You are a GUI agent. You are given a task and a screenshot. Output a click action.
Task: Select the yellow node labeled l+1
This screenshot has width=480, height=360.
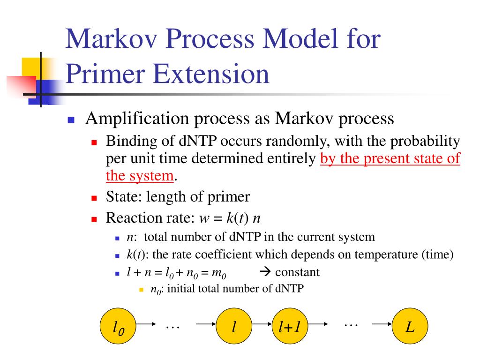(290, 327)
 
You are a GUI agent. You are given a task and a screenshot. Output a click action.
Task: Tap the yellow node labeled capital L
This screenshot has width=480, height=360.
(410, 327)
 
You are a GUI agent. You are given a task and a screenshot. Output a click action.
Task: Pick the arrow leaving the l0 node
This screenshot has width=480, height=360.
(146, 324)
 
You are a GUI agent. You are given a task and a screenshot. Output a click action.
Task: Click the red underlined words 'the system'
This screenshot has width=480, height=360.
(140, 176)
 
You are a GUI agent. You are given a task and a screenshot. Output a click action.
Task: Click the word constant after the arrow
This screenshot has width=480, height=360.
(297, 272)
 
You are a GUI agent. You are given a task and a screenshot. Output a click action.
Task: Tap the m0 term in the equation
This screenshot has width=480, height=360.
(231, 273)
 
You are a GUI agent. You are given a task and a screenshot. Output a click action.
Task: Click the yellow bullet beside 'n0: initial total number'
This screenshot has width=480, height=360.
(141, 290)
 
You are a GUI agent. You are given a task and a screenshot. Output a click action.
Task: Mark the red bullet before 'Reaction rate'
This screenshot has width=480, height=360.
(93, 219)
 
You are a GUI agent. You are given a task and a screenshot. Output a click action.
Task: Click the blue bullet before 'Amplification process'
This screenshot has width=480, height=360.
(71, 120)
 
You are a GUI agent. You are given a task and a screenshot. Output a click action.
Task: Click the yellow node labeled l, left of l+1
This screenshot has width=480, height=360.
(233, 327)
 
